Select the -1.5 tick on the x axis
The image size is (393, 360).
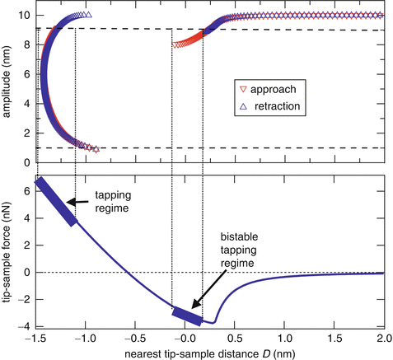click(36, 339)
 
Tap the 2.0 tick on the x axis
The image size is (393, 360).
click(383, 339)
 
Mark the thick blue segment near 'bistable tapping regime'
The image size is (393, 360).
click(186, 316)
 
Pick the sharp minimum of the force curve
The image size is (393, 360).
click(213, 322)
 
